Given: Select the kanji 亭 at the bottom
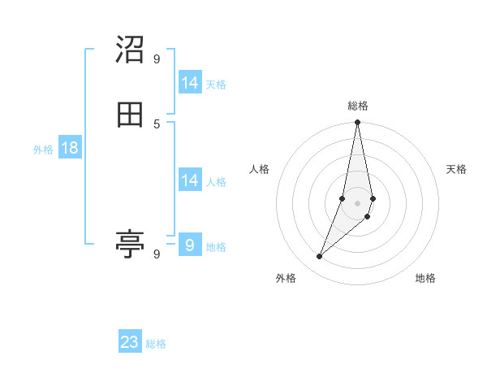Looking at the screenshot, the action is coord(130,243).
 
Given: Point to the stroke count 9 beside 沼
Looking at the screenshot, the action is coord(157,59).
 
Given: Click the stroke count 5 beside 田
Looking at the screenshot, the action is coord(157,124).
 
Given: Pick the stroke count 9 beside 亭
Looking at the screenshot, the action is coord(157,254).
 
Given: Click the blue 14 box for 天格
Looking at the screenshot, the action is coord(190,83).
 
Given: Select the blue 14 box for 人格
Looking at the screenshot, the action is coord(190,180).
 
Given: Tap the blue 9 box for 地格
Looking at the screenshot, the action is coord(190,245).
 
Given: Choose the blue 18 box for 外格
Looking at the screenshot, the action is coord(70,148).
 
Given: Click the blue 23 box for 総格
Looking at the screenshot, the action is coord(130,342).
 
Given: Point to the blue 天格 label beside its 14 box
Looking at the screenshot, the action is coord(216,85).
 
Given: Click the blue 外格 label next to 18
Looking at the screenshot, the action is coord(43,150).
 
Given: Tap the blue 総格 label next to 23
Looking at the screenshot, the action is coord(156,344).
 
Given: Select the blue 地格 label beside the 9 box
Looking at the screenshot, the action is coord(216,247).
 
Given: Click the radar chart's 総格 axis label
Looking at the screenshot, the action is coord(358,106).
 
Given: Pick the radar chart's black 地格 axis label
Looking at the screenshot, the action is coord(425,279).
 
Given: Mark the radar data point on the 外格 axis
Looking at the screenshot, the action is coord(319,257).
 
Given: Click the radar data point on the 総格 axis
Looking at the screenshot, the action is coord(358,123).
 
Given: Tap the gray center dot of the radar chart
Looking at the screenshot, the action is coord(358,202).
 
